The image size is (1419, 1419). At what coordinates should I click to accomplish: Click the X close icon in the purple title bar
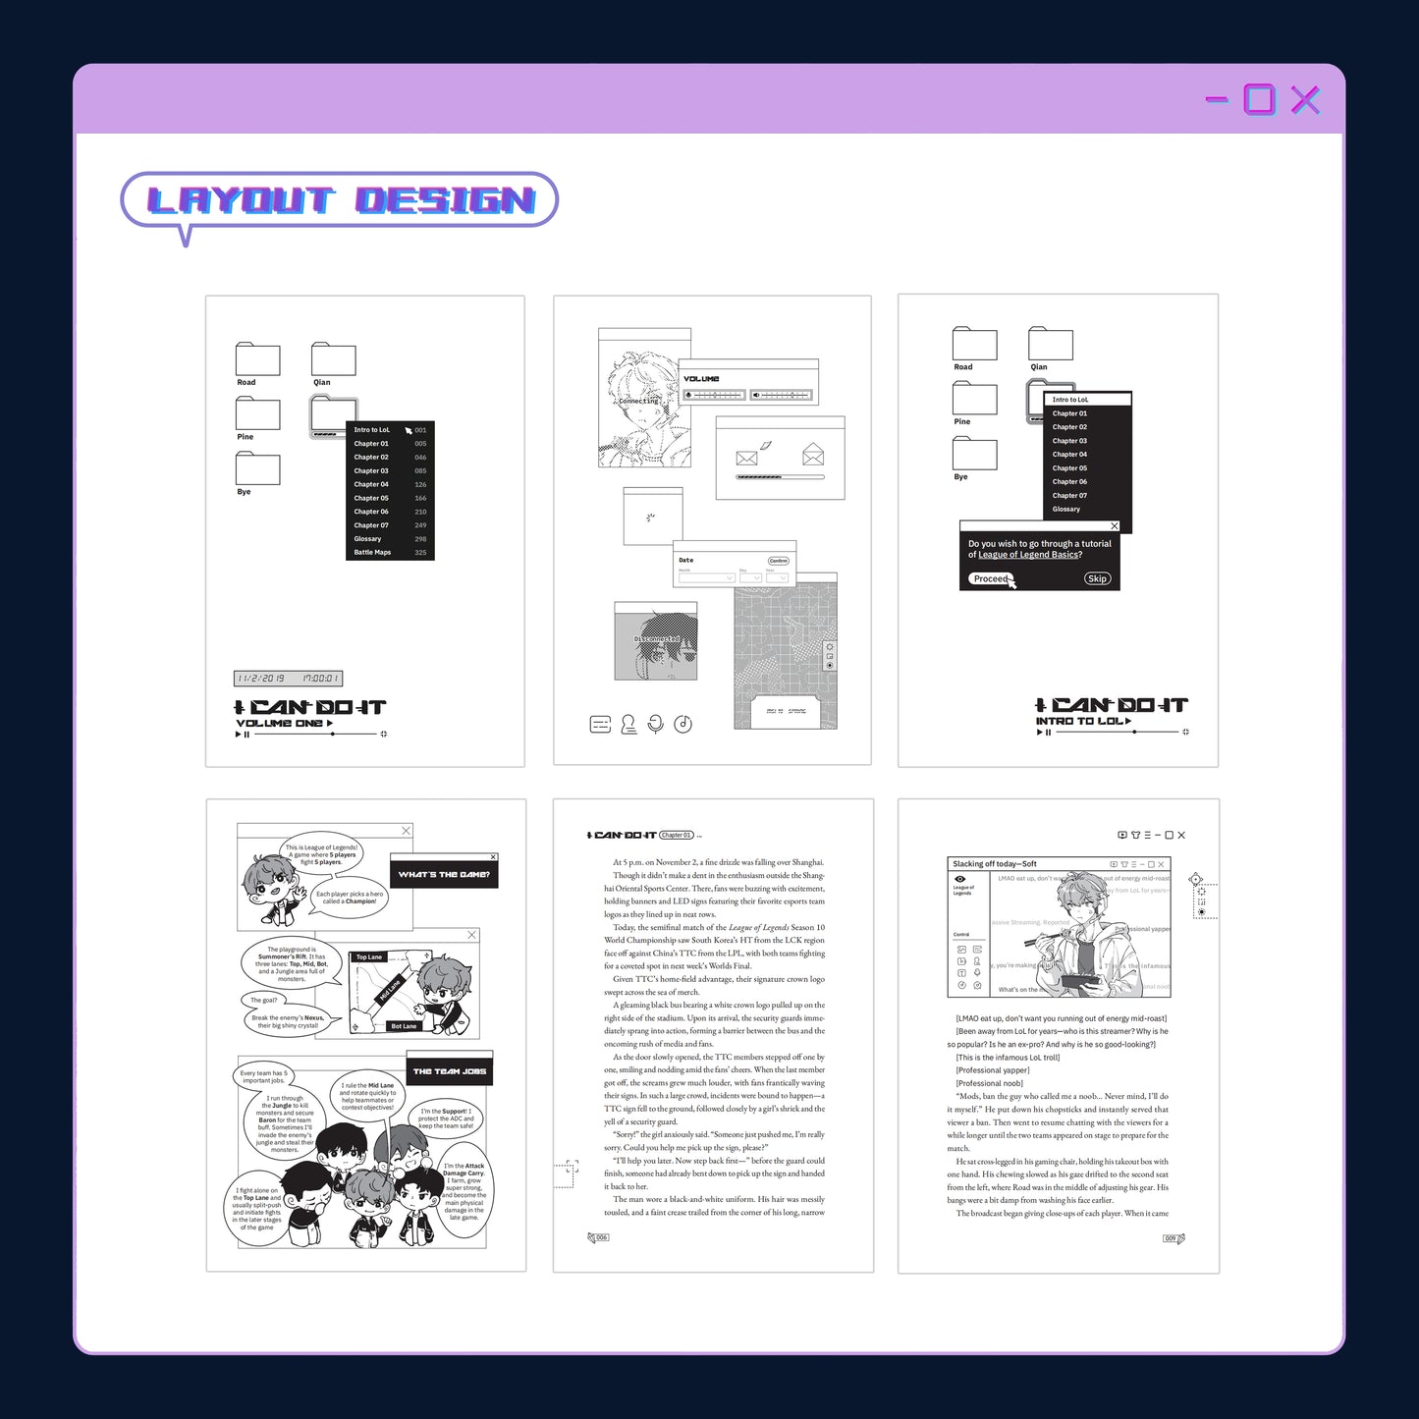click(1305, 99)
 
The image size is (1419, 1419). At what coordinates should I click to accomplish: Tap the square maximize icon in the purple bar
click(1259, 99)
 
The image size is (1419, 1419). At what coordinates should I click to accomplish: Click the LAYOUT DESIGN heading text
click(340, 200)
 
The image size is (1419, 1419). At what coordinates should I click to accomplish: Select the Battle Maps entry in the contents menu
click(372, 553)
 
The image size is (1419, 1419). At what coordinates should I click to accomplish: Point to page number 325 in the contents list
click(420, 553)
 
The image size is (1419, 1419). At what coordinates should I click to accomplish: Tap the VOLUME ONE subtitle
click(280, 724)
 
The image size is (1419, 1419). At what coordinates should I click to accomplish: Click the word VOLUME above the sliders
click(701, 379)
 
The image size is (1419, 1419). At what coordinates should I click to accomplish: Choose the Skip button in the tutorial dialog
click(1097, 578)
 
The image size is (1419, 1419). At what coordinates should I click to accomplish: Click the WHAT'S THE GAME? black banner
click(444, 874)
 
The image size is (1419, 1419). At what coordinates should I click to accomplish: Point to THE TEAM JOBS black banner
click(449, 1071)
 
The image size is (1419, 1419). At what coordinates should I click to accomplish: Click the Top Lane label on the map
click(369, 956)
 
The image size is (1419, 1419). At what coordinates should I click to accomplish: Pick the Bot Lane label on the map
click(404, 1026)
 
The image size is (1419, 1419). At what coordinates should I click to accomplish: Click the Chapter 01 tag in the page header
click(676, 836)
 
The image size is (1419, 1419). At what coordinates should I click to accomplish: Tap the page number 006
click(601, 1238)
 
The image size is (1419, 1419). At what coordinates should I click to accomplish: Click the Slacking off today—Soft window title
click(994, 864)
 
